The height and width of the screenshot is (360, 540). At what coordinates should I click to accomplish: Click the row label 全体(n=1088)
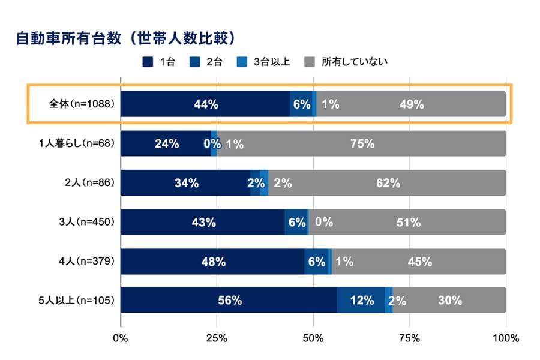tap(82, 104)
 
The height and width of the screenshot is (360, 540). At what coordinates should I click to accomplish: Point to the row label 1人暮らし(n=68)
tap(76, 143)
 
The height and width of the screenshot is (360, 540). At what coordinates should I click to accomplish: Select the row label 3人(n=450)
tap(86, 222)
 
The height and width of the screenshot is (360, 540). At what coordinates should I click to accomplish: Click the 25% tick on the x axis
tap(217, 338)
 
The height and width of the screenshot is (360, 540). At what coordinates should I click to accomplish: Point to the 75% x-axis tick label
tap(409, 338)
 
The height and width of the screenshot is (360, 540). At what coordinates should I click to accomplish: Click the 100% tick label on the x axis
tap(505, 338)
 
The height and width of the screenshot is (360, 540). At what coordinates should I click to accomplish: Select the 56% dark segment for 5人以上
tap(229, 300)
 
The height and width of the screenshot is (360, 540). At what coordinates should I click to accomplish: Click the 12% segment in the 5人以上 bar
tap(361, 300)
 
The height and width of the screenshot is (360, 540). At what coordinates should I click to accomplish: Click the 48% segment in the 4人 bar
tap(213, 262)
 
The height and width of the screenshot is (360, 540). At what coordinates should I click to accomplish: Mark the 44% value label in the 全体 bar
tap(206, 104)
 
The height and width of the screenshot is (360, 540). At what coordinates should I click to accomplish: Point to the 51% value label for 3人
tap(408, 222)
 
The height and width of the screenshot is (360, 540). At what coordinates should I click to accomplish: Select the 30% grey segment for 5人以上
tap(449, 300)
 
